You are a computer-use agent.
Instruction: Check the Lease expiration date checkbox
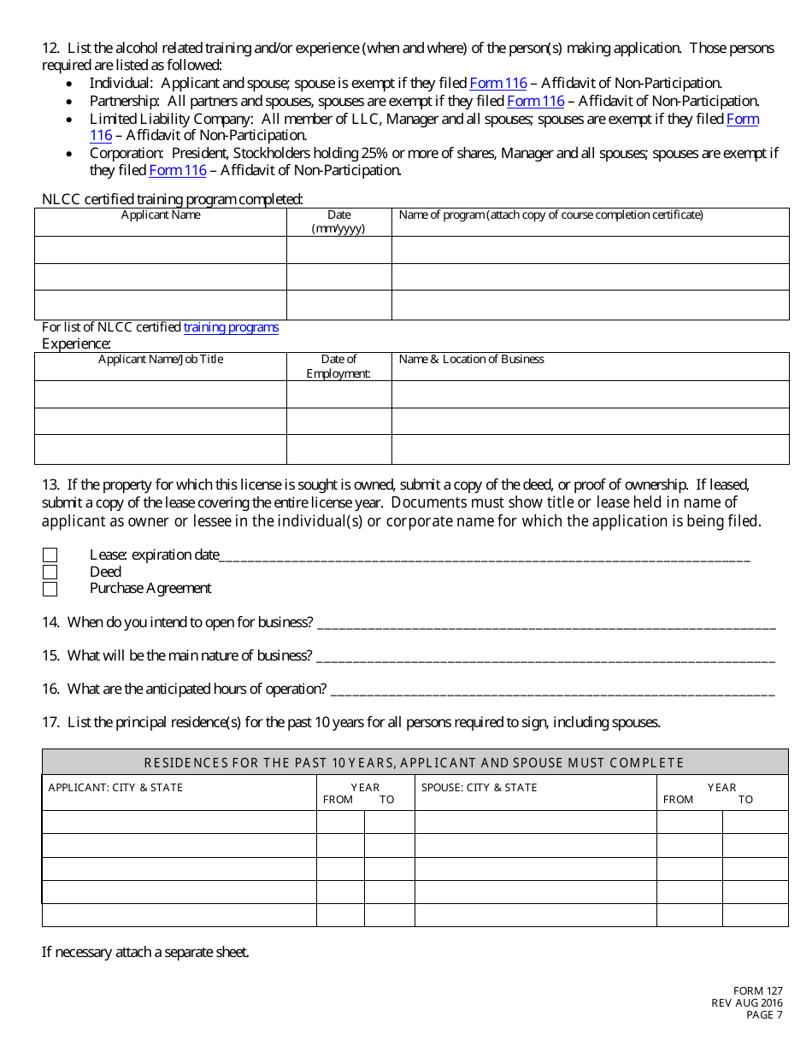point(50,555)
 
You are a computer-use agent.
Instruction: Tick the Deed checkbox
point(50,572)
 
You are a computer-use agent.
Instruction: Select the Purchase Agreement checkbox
point(50,589)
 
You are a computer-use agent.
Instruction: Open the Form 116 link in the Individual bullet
point(498,83)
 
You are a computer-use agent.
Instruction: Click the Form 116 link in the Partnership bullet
point(536,101)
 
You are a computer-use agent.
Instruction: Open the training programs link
point(231,327)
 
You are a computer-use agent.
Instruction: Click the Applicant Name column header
point(161,215)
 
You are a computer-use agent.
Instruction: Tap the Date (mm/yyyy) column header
point(338,221)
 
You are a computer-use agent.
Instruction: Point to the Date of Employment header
point(338,366)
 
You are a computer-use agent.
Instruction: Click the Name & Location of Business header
point(472,359)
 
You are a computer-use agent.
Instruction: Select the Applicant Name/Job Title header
point(161,359)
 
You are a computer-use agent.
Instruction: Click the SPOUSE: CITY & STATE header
point(479,787)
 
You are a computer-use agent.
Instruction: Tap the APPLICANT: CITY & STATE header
point(115,787)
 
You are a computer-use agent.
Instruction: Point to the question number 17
point(50,723)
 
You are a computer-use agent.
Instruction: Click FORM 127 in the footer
point(758,991)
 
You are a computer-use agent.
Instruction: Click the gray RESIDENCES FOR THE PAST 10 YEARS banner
point(415,762)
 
